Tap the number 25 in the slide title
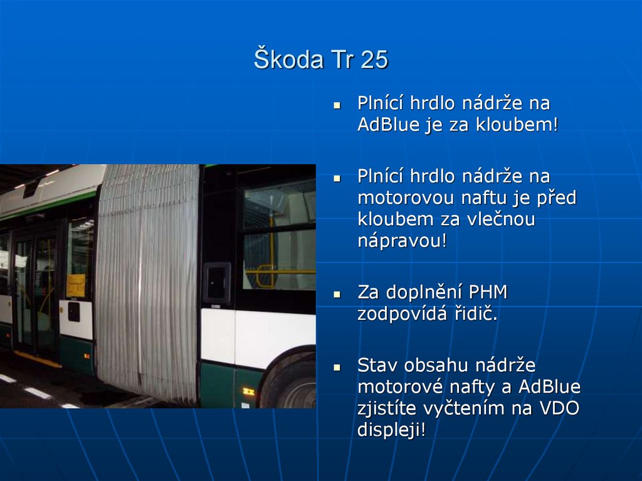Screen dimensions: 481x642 374,60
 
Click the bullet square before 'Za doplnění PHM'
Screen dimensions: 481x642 337,293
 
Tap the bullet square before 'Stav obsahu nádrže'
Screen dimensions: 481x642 337,366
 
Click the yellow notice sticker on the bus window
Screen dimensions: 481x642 76,285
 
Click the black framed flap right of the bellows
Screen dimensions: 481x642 217,283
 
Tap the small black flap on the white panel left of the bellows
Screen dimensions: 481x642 74,312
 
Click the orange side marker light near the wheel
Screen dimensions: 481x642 248,392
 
